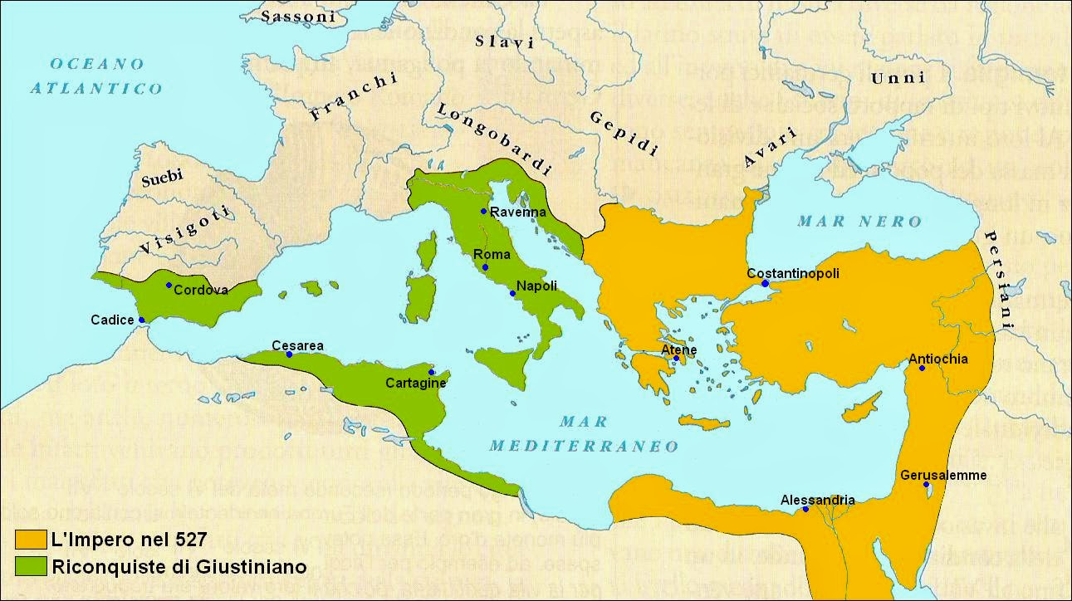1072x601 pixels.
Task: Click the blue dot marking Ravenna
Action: (x=483, y=212)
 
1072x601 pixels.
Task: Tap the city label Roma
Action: (x=492, y=254)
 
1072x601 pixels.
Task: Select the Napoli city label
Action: (x=536, y=286)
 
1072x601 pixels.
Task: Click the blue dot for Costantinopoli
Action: (x=765, y=284)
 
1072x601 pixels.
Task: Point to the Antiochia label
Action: (x=938, y=359)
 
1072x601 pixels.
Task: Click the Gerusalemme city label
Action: (x=943, y=475)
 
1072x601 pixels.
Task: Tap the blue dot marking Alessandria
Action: (x=805, y=509)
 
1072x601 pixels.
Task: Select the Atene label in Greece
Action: (x=678, y=349)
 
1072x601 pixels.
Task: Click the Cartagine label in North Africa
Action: (x=416, y=383)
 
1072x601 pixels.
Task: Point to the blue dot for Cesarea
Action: (x=289, y=354)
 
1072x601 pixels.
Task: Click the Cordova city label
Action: (x=201, y=290)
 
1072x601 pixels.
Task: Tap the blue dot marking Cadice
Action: (x=142, y=320)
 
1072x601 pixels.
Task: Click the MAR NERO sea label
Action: (x=859, y=221)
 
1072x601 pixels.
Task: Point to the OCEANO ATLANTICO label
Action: (x=96, y=76)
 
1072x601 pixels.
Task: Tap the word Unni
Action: (x=898, y=78)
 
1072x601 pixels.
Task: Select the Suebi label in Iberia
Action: (x=162, y=177)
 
